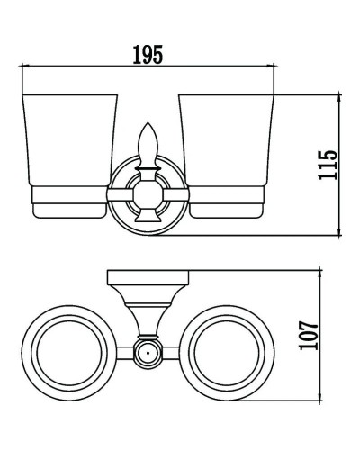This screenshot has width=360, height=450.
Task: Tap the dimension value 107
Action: point(310,336)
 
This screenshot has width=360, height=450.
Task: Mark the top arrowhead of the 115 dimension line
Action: point(339,95)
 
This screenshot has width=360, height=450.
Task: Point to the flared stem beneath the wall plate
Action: point(147,310)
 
